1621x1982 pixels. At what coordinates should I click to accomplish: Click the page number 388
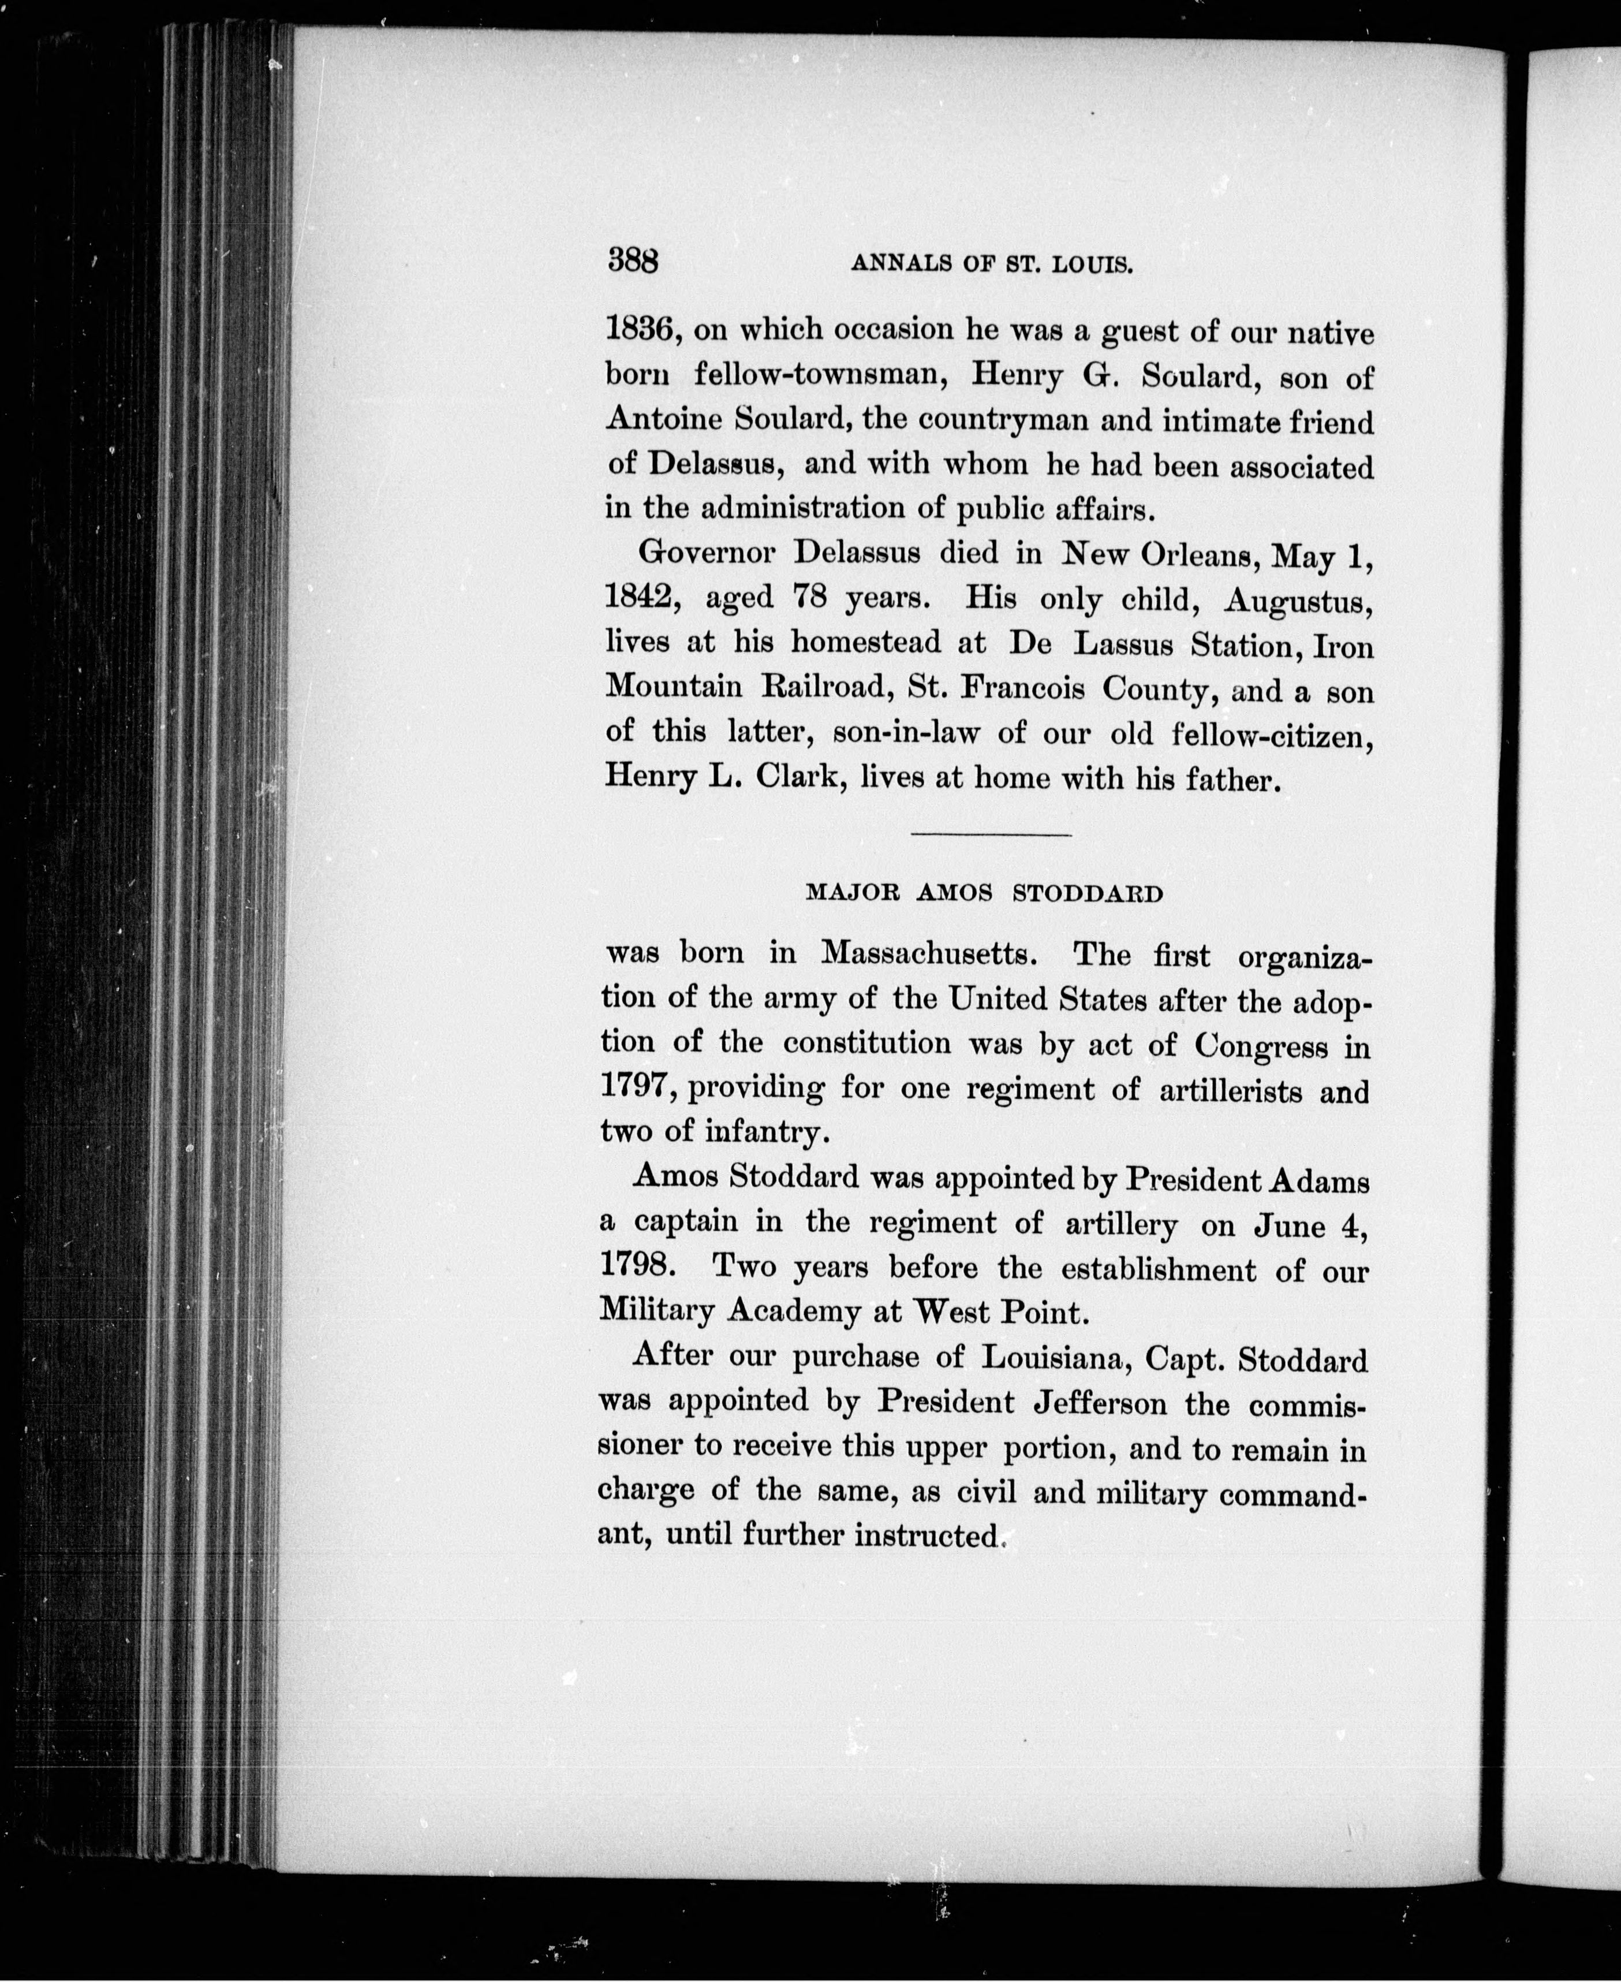pyautogui.click(x=633, y=260)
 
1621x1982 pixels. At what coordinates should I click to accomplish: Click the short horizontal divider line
pyautogui.click(x=990, y=834)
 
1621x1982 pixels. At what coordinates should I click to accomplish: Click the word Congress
pyautogui.click(x=1261, y=1045)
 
